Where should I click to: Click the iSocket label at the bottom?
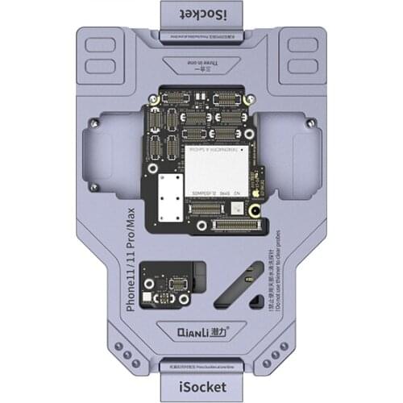[201, 388]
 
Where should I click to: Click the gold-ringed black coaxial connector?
[256, 211]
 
